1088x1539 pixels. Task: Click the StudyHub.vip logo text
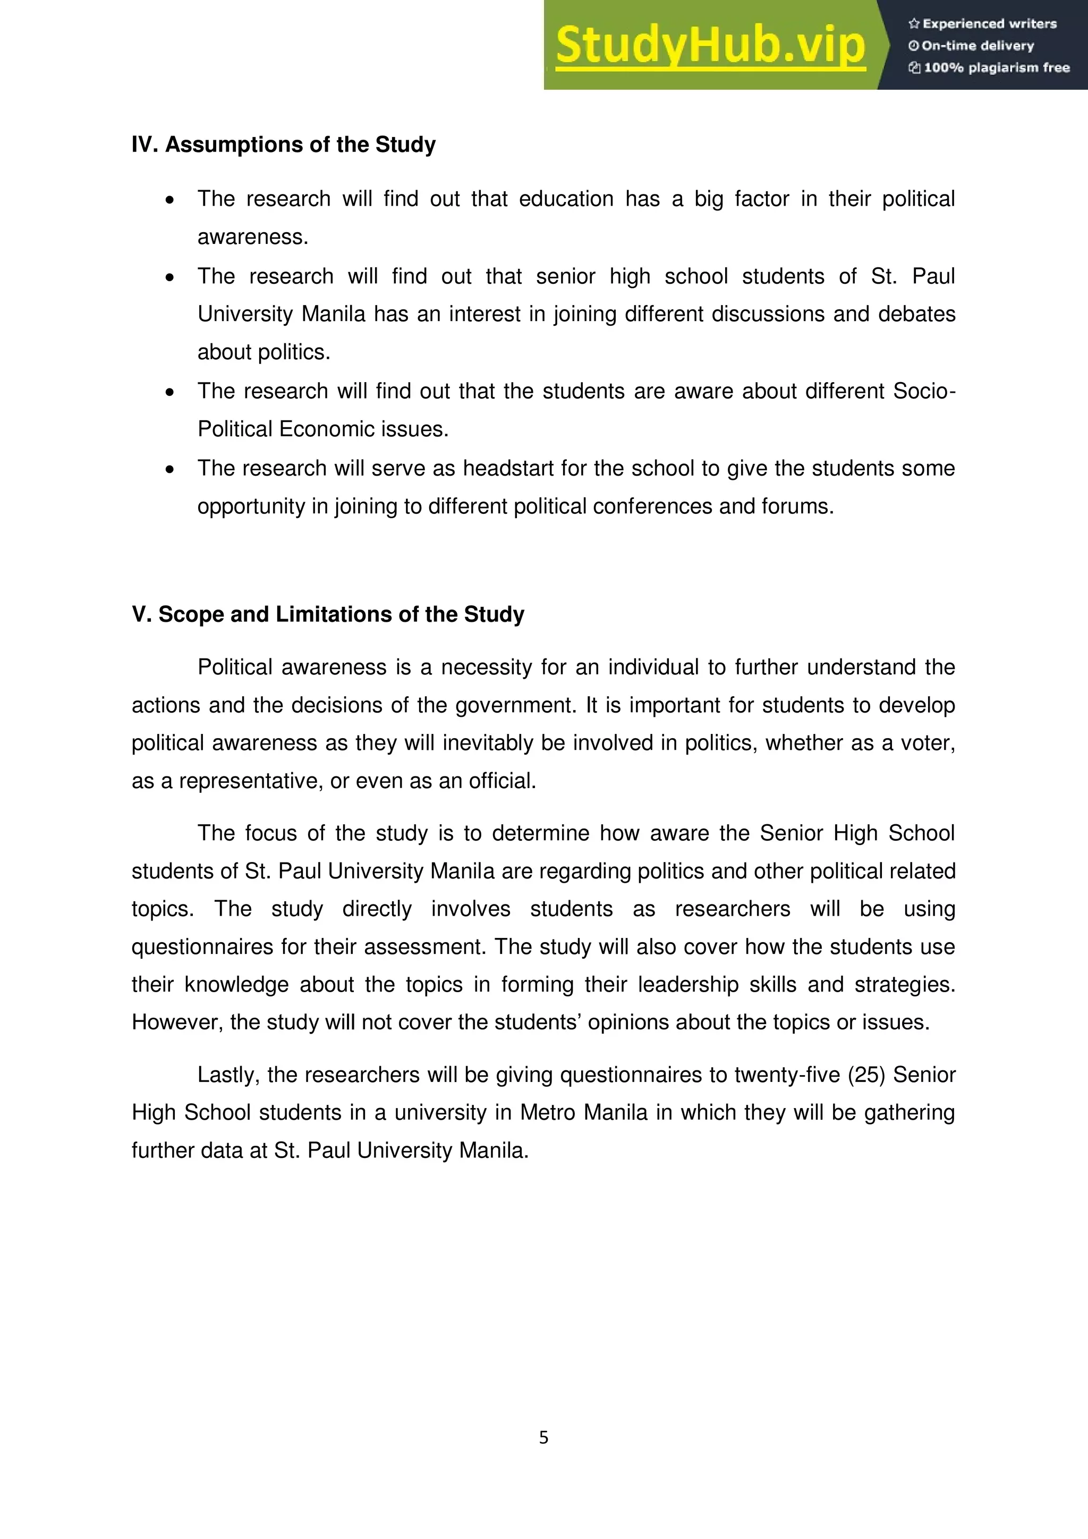[x=710, y=45]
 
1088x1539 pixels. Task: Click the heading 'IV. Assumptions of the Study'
[x=283, y=145]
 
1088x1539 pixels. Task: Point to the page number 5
[x=543, y=1437]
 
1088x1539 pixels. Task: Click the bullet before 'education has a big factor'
[x=170, y=200]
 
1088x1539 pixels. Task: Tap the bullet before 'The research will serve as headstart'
[x=170, y=469]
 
